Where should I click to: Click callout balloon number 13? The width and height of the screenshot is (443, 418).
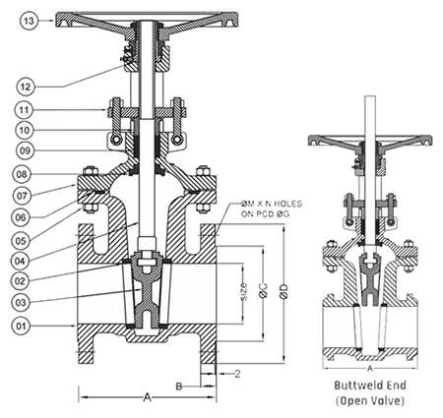tap(29, 21)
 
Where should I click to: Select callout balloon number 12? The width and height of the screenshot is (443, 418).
tap(26, 87)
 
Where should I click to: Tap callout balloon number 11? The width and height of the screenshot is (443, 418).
tap(24, 110)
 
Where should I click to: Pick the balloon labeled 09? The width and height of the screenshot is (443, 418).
tap(26, 150)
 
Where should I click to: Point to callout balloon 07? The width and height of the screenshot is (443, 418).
tap(23, 196)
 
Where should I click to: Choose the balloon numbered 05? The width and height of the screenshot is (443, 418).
tap(23, 241)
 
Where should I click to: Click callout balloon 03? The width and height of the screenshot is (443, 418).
tap(21, 302)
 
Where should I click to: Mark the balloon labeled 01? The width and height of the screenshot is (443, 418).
tap(21, 326)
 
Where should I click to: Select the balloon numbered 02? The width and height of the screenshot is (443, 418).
tap(21, 281)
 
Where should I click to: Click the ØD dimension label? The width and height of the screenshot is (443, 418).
tap(284, 291)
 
